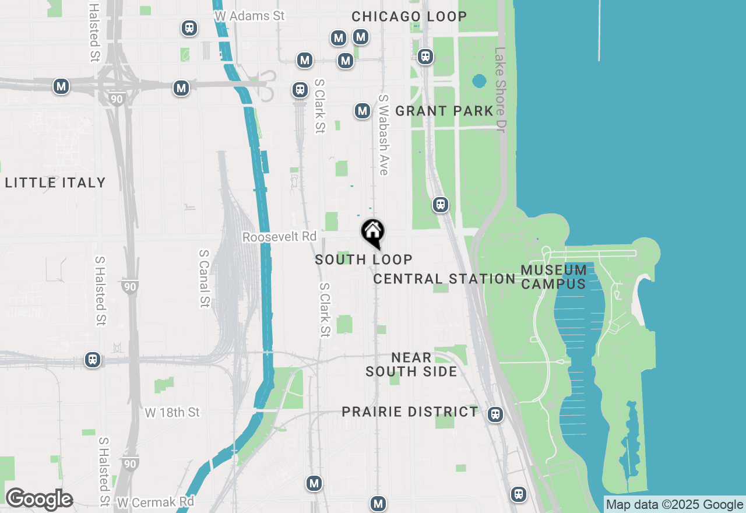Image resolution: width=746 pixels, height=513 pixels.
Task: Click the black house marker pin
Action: coord(372,233)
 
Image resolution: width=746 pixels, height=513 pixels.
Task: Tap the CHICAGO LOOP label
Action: coord(409,16)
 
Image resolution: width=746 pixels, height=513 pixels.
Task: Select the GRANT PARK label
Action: coord(444,111)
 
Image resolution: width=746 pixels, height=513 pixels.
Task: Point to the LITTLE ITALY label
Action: coord(55,183)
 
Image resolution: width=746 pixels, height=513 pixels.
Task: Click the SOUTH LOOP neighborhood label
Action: coord(364,259)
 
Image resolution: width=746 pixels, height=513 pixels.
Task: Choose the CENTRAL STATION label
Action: coord(444,279)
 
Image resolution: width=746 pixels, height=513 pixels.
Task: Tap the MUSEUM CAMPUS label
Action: coord(554,277)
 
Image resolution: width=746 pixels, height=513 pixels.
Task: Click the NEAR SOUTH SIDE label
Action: coord(411,364)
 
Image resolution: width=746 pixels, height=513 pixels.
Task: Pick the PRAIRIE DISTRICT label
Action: coord(410,412)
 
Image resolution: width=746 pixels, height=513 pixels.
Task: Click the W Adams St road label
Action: coord(249,16)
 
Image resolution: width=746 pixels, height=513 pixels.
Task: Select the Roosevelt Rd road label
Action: coord(279,237)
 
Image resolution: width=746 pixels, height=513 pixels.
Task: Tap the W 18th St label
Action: coord(172,412)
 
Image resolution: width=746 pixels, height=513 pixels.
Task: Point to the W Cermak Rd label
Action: coord(155,501)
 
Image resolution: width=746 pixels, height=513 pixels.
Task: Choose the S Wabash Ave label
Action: coord(383,135)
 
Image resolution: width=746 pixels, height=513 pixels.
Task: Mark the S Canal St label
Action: coord(204,278)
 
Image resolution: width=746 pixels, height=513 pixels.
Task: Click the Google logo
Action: coord(39,500)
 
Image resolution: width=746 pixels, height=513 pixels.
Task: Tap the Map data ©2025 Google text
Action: coord(675,505)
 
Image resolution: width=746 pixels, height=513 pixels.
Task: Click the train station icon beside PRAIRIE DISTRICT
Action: coord(495,414)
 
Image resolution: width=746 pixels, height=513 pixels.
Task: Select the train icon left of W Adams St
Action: coord(189,27)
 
